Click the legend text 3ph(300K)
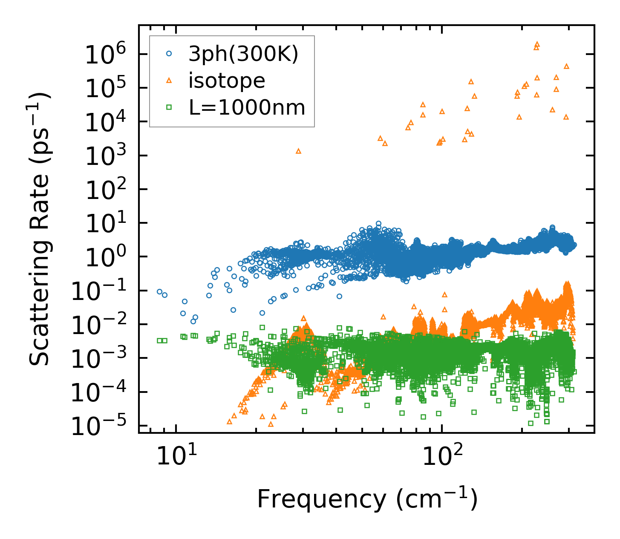(x=243, y=54)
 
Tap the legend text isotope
(x=227, y=81)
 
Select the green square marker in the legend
(x=169, y=107)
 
